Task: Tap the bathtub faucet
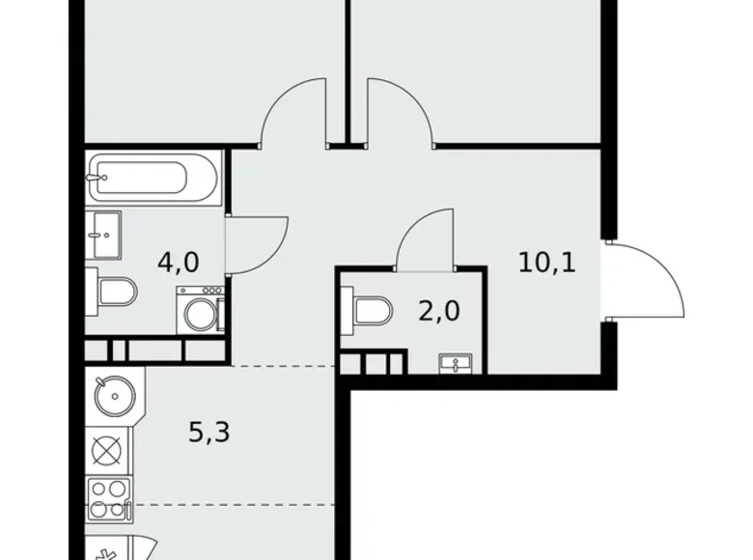pyautogui.click(x=96, y=178)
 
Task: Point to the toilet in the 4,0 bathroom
pyautogui.click(x=113, y=290)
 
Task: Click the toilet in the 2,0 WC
pyautogui.click(x=371, y=310)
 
